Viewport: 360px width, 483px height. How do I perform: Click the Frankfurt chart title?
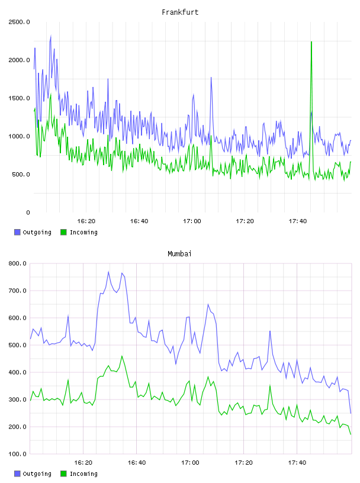click(180, 12)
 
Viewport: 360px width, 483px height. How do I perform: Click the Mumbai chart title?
click(179, 254)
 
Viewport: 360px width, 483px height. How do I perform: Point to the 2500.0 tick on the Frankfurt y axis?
click(19, 22)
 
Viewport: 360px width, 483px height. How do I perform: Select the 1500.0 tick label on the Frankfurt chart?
click(19, 98)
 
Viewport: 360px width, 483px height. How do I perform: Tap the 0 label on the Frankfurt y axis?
click(28, 212)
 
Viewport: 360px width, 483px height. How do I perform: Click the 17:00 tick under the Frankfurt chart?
click(192, 221)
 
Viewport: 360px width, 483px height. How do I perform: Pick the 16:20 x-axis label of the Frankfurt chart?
click(86, 221)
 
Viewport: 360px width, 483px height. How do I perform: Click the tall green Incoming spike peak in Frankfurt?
click(311, 42)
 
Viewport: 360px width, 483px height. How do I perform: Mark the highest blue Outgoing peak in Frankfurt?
click(50, 36)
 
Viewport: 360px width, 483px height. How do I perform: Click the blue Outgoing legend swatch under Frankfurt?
click(17, 232)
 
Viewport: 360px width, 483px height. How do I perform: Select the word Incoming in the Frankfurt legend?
click(83, 233)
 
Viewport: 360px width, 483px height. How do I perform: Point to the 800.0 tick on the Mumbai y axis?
click(18, 263)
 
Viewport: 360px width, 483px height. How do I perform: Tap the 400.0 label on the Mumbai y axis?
click(18, 372)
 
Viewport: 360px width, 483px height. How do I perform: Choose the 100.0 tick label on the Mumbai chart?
click(18, 454)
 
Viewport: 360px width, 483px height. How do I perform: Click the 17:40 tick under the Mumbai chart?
click(297, 463)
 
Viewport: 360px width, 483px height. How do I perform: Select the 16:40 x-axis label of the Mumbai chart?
click(137, 463)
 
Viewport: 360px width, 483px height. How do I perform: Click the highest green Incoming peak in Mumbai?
click(122, 356)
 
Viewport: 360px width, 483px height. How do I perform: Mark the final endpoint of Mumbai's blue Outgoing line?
click(351, 413)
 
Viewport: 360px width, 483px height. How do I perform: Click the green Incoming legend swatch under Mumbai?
click(63, 474)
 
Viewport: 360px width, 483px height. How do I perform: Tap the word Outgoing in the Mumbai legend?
click(37, 474)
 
